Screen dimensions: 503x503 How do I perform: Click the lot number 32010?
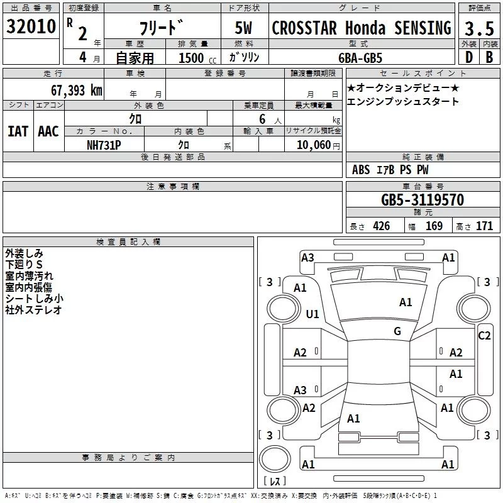[31, 27]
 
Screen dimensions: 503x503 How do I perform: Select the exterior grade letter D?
[468, 57]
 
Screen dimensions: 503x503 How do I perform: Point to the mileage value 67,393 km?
[76, 90]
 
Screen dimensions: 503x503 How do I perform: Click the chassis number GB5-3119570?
[422, 200]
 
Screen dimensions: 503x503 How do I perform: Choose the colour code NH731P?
[104, 143]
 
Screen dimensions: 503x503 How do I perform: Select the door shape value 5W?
[244, 28]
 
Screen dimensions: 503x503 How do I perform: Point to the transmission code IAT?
[18, 131]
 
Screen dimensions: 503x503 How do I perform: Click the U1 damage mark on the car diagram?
[312, 314]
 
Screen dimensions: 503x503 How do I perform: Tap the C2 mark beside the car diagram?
[484, 336]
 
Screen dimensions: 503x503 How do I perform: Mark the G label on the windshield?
[397, 331]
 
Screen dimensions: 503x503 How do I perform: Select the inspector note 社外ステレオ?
[33, 310]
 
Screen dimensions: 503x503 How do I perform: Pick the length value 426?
[381, 226]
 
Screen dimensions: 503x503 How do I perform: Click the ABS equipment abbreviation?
[361, 170]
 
